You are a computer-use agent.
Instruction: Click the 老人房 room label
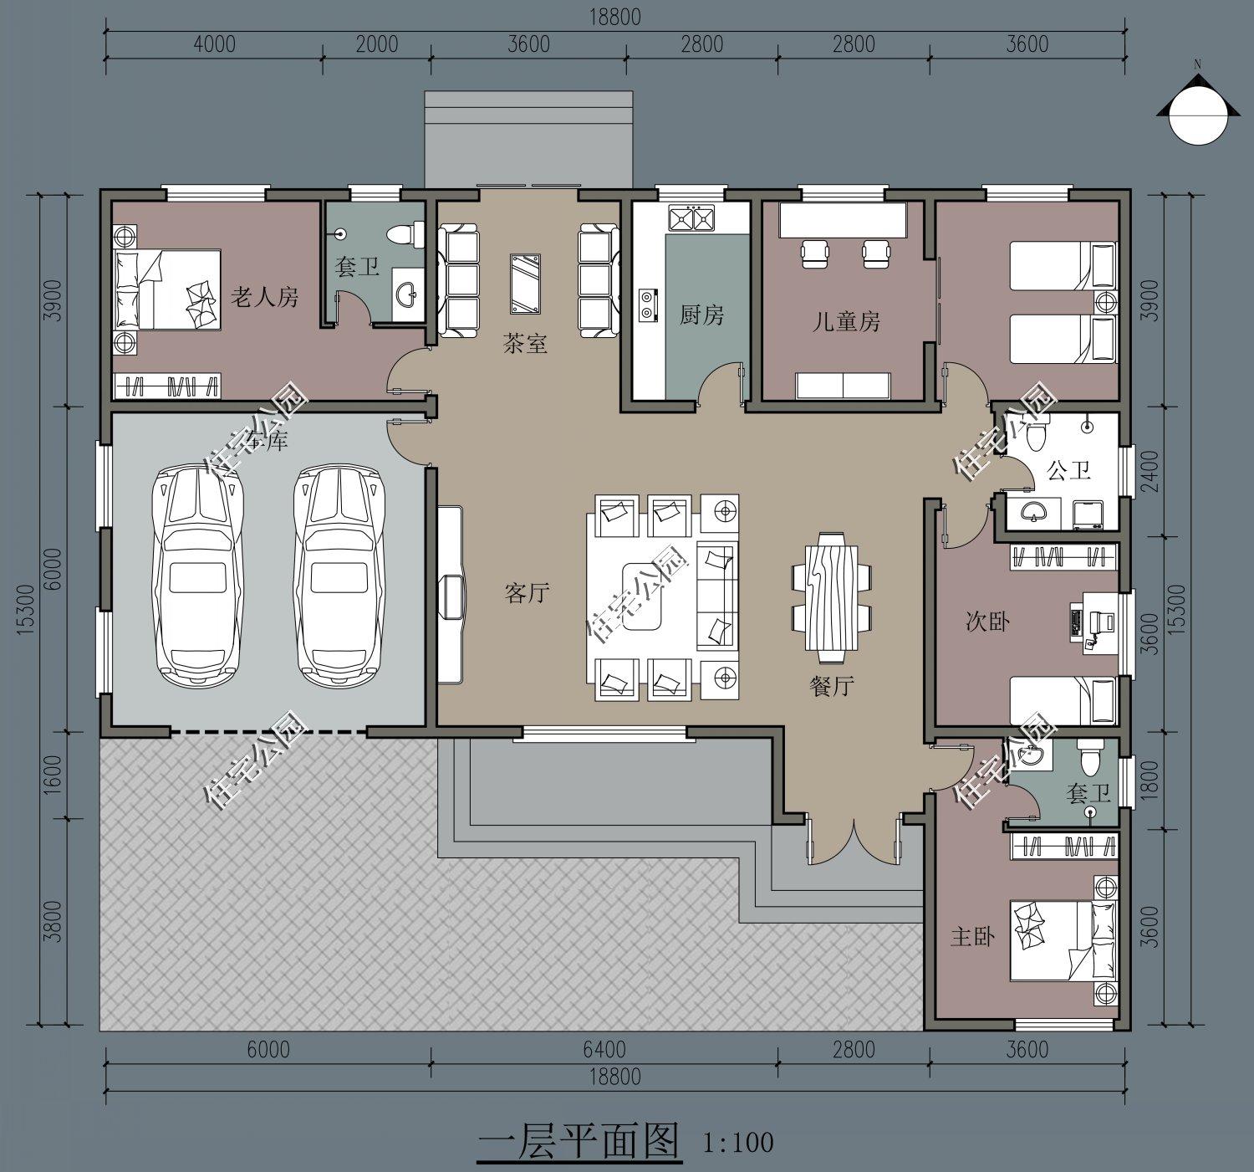264,296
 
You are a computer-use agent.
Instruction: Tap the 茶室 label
525,343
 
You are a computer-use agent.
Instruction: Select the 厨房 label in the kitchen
701,315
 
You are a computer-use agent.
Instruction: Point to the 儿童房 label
846,322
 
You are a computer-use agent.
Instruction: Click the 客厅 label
528,593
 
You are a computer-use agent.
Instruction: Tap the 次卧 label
988,621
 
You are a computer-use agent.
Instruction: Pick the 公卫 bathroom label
1069,470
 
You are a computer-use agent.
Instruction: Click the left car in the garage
198,576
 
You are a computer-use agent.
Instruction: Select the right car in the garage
339,576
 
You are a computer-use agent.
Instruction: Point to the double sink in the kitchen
691,218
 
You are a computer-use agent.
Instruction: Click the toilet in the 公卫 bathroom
1036,434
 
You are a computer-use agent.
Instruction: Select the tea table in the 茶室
525,284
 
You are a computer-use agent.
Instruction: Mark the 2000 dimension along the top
377,44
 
